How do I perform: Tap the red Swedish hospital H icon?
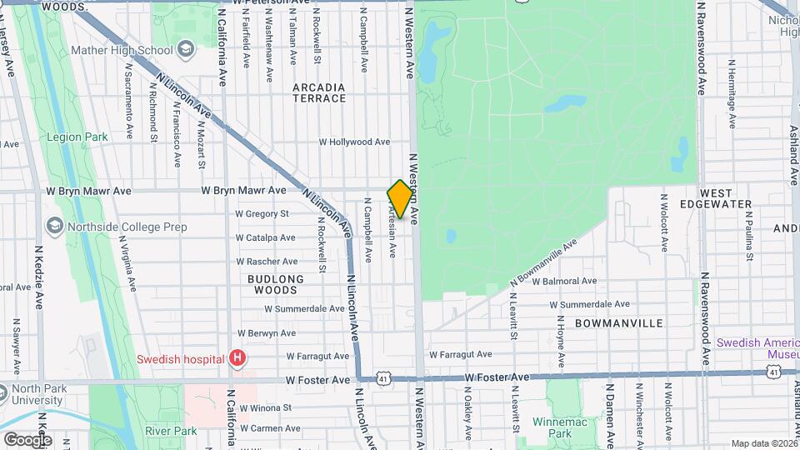click(x=238, y=359)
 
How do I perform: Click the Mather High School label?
click(x=133, y=50)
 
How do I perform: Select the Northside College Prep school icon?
click(x=54, y=226)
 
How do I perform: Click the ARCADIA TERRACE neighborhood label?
click(x=319, y=92)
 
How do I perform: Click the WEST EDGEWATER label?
click(x=727, y=198)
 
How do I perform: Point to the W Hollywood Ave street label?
click(x=354, y=142)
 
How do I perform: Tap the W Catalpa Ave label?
click(x=265, y=237)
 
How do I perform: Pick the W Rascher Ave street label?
click(x=266, y=261)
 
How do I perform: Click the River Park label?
click(x=170, y=431)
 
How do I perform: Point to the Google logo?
click(x=27, y=439)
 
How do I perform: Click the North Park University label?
click(x=37, y=394)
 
